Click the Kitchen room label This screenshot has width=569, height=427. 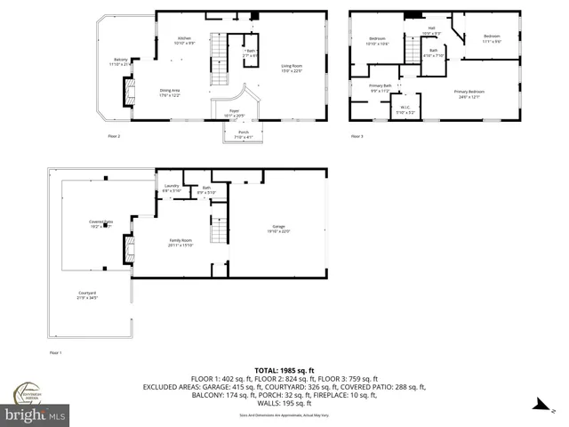pos(184,39)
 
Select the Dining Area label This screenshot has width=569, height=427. pos(169,90)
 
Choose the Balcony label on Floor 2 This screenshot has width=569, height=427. pos(119,61)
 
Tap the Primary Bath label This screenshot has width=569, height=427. pos(381,86)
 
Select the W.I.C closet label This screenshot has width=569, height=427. pos(405,108)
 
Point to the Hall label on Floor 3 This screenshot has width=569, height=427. pos(431,28)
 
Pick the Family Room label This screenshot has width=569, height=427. pos(180,241)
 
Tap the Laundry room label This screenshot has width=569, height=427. pos(172,186)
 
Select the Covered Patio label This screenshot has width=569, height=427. pos(102,222)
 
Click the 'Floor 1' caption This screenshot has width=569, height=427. pos(55,353)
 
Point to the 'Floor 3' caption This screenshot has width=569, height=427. pos(356,136)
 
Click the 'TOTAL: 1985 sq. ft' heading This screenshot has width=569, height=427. pos(284,369)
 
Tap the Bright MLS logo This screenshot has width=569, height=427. pos(36,415)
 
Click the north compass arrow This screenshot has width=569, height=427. pos(537,406)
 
